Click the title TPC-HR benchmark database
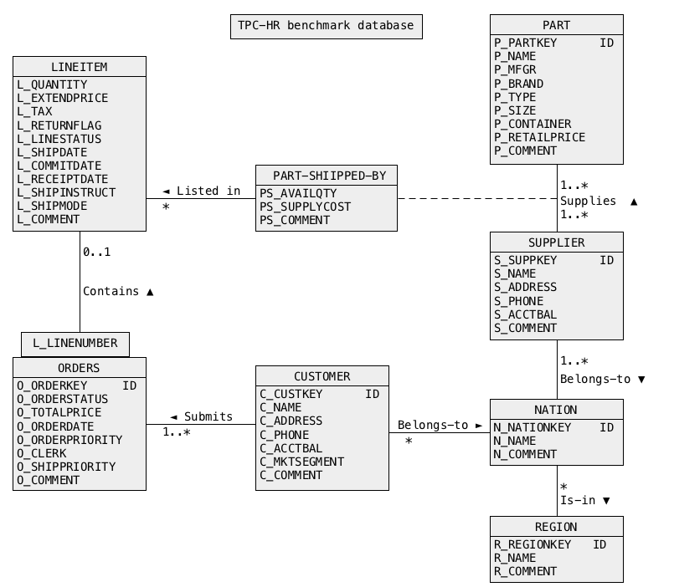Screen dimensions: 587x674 (x=326, y=26)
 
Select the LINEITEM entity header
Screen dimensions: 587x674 (x=80, y=67)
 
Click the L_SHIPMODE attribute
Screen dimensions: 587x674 (x=52, y=206)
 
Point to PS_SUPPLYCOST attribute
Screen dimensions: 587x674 (x=305, y=207)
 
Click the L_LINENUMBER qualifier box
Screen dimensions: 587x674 (x=75, y=343)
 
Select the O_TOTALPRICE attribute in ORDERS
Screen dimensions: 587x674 (x=59, y=412)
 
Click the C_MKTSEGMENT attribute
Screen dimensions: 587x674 (x=301, y=462)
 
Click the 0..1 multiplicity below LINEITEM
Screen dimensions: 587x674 (x=96, y=252)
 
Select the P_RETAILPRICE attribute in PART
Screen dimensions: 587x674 (x=539, y=137)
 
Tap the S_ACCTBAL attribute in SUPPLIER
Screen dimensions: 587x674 (x=525, y=314)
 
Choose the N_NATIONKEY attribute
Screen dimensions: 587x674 (x=533, y=427)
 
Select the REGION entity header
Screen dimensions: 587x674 (x=556, y=527)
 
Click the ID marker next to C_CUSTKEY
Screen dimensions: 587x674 (x=373, y=394)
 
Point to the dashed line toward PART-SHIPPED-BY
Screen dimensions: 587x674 (x=477, y=199)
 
